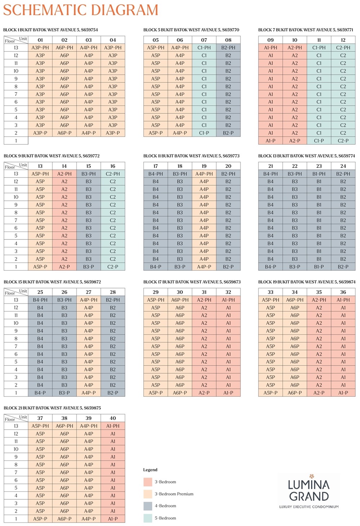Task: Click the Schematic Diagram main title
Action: [81, 10]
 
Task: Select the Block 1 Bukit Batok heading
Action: [50, 30]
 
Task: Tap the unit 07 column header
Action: [204, 40]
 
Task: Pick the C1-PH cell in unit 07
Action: [204, 48]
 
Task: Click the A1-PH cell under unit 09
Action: [270, 48]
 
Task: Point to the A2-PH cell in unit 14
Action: [64, 174]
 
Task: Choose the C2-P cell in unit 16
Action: [113, 267]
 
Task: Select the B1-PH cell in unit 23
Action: [319, 174]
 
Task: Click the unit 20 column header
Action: [228, 166]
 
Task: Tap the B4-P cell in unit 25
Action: [40, 393]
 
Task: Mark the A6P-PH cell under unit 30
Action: [180, 300]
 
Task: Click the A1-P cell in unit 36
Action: [343, 393]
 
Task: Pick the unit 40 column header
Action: [113, 418]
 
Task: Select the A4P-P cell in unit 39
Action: [89, 519]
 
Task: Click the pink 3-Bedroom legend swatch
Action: [148, 482]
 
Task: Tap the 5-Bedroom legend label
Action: [165, 518]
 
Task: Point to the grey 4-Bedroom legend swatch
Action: [148, 506]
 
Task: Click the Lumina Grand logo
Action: [309, 491]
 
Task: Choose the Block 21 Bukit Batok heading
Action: [52, 408]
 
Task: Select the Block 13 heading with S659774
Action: [306, 156]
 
